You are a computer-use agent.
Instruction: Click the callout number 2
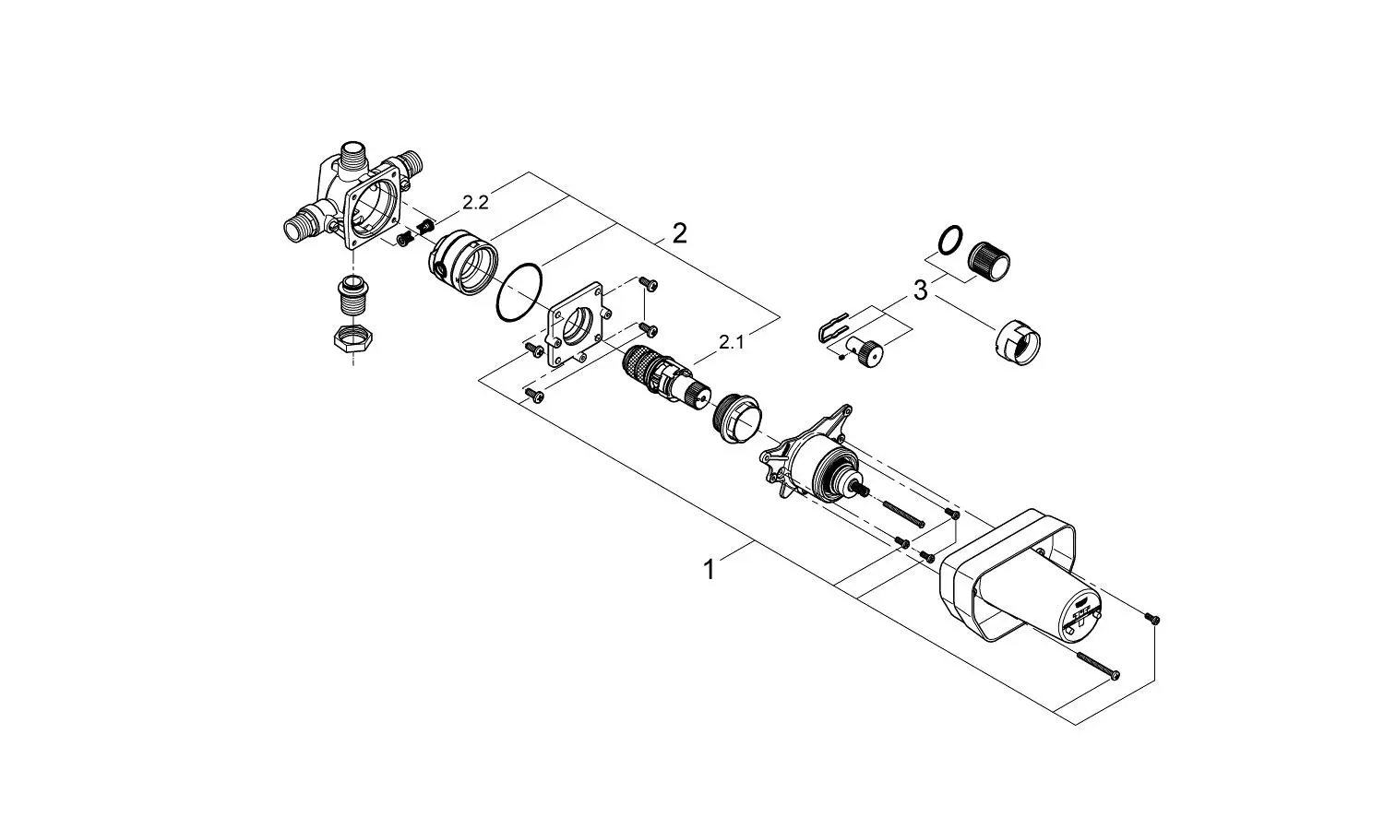coord(679,233)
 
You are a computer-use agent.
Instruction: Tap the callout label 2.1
coord(732,343)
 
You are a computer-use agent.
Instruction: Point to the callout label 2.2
coord(475,202)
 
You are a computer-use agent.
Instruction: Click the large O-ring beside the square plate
coord(519,293)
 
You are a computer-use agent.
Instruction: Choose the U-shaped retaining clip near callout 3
coord(835,327)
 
